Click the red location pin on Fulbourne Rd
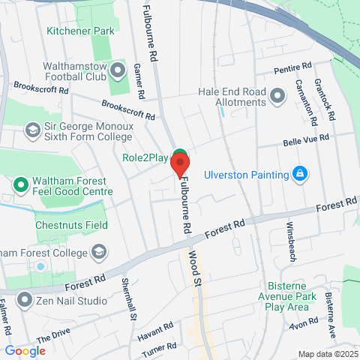click(179, 163)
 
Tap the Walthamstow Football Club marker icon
click(118, 71)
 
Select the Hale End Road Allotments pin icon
click(277, 95)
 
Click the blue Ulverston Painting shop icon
click(300, 174)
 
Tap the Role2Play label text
click(145, 158)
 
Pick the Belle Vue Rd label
click(306, 139)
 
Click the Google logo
click(25, 350)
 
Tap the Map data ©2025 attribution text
click(326, 354)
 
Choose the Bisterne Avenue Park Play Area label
click(298, 296)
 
